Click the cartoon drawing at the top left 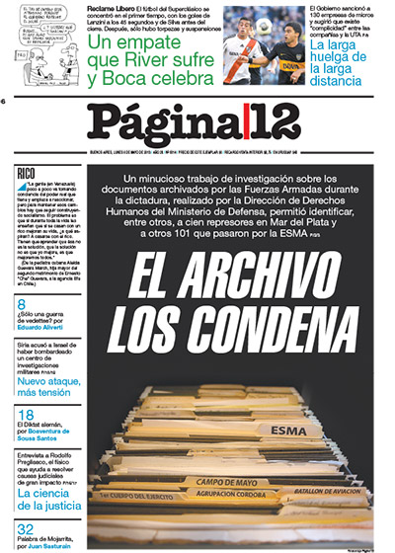click(x=40, y=36)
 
